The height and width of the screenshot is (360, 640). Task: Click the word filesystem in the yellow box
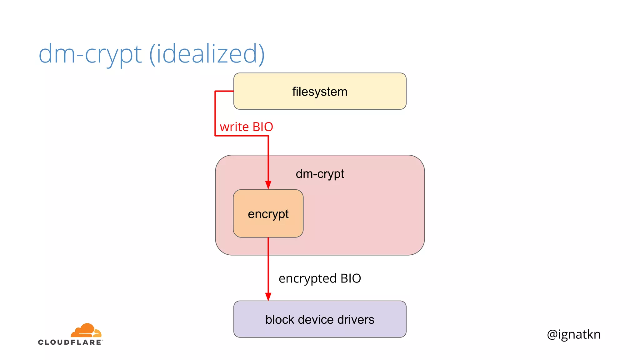[x=320, y=92]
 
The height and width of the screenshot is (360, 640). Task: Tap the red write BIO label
[x=246, y=127]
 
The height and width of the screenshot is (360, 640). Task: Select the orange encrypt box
[x=268, y=214]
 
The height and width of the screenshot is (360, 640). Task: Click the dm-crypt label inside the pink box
[x=320, y=174]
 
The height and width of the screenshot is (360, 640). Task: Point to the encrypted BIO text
[x=320, y=278]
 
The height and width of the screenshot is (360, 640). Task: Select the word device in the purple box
[x=316, y=319]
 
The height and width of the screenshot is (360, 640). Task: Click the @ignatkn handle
[x=573, y=334]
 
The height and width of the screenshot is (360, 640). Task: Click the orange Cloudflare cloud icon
[x=86, y=330]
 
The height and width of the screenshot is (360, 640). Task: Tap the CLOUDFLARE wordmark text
[x=70, y=342]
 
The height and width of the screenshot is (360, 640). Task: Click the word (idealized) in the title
[x=207, y=54]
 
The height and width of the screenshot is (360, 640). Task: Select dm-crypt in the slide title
[x=90, y=54]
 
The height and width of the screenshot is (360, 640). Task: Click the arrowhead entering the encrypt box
[x=268, y=185]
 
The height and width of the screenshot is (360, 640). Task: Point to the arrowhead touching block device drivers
[x=268, y=296]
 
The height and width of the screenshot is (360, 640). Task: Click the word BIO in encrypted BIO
[x=351, y=278]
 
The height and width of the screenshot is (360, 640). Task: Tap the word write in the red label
[x=234, y=127]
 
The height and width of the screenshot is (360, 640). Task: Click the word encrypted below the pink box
[x=307, y=278]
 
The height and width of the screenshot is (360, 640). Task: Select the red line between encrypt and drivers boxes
[x=268, y=269]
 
